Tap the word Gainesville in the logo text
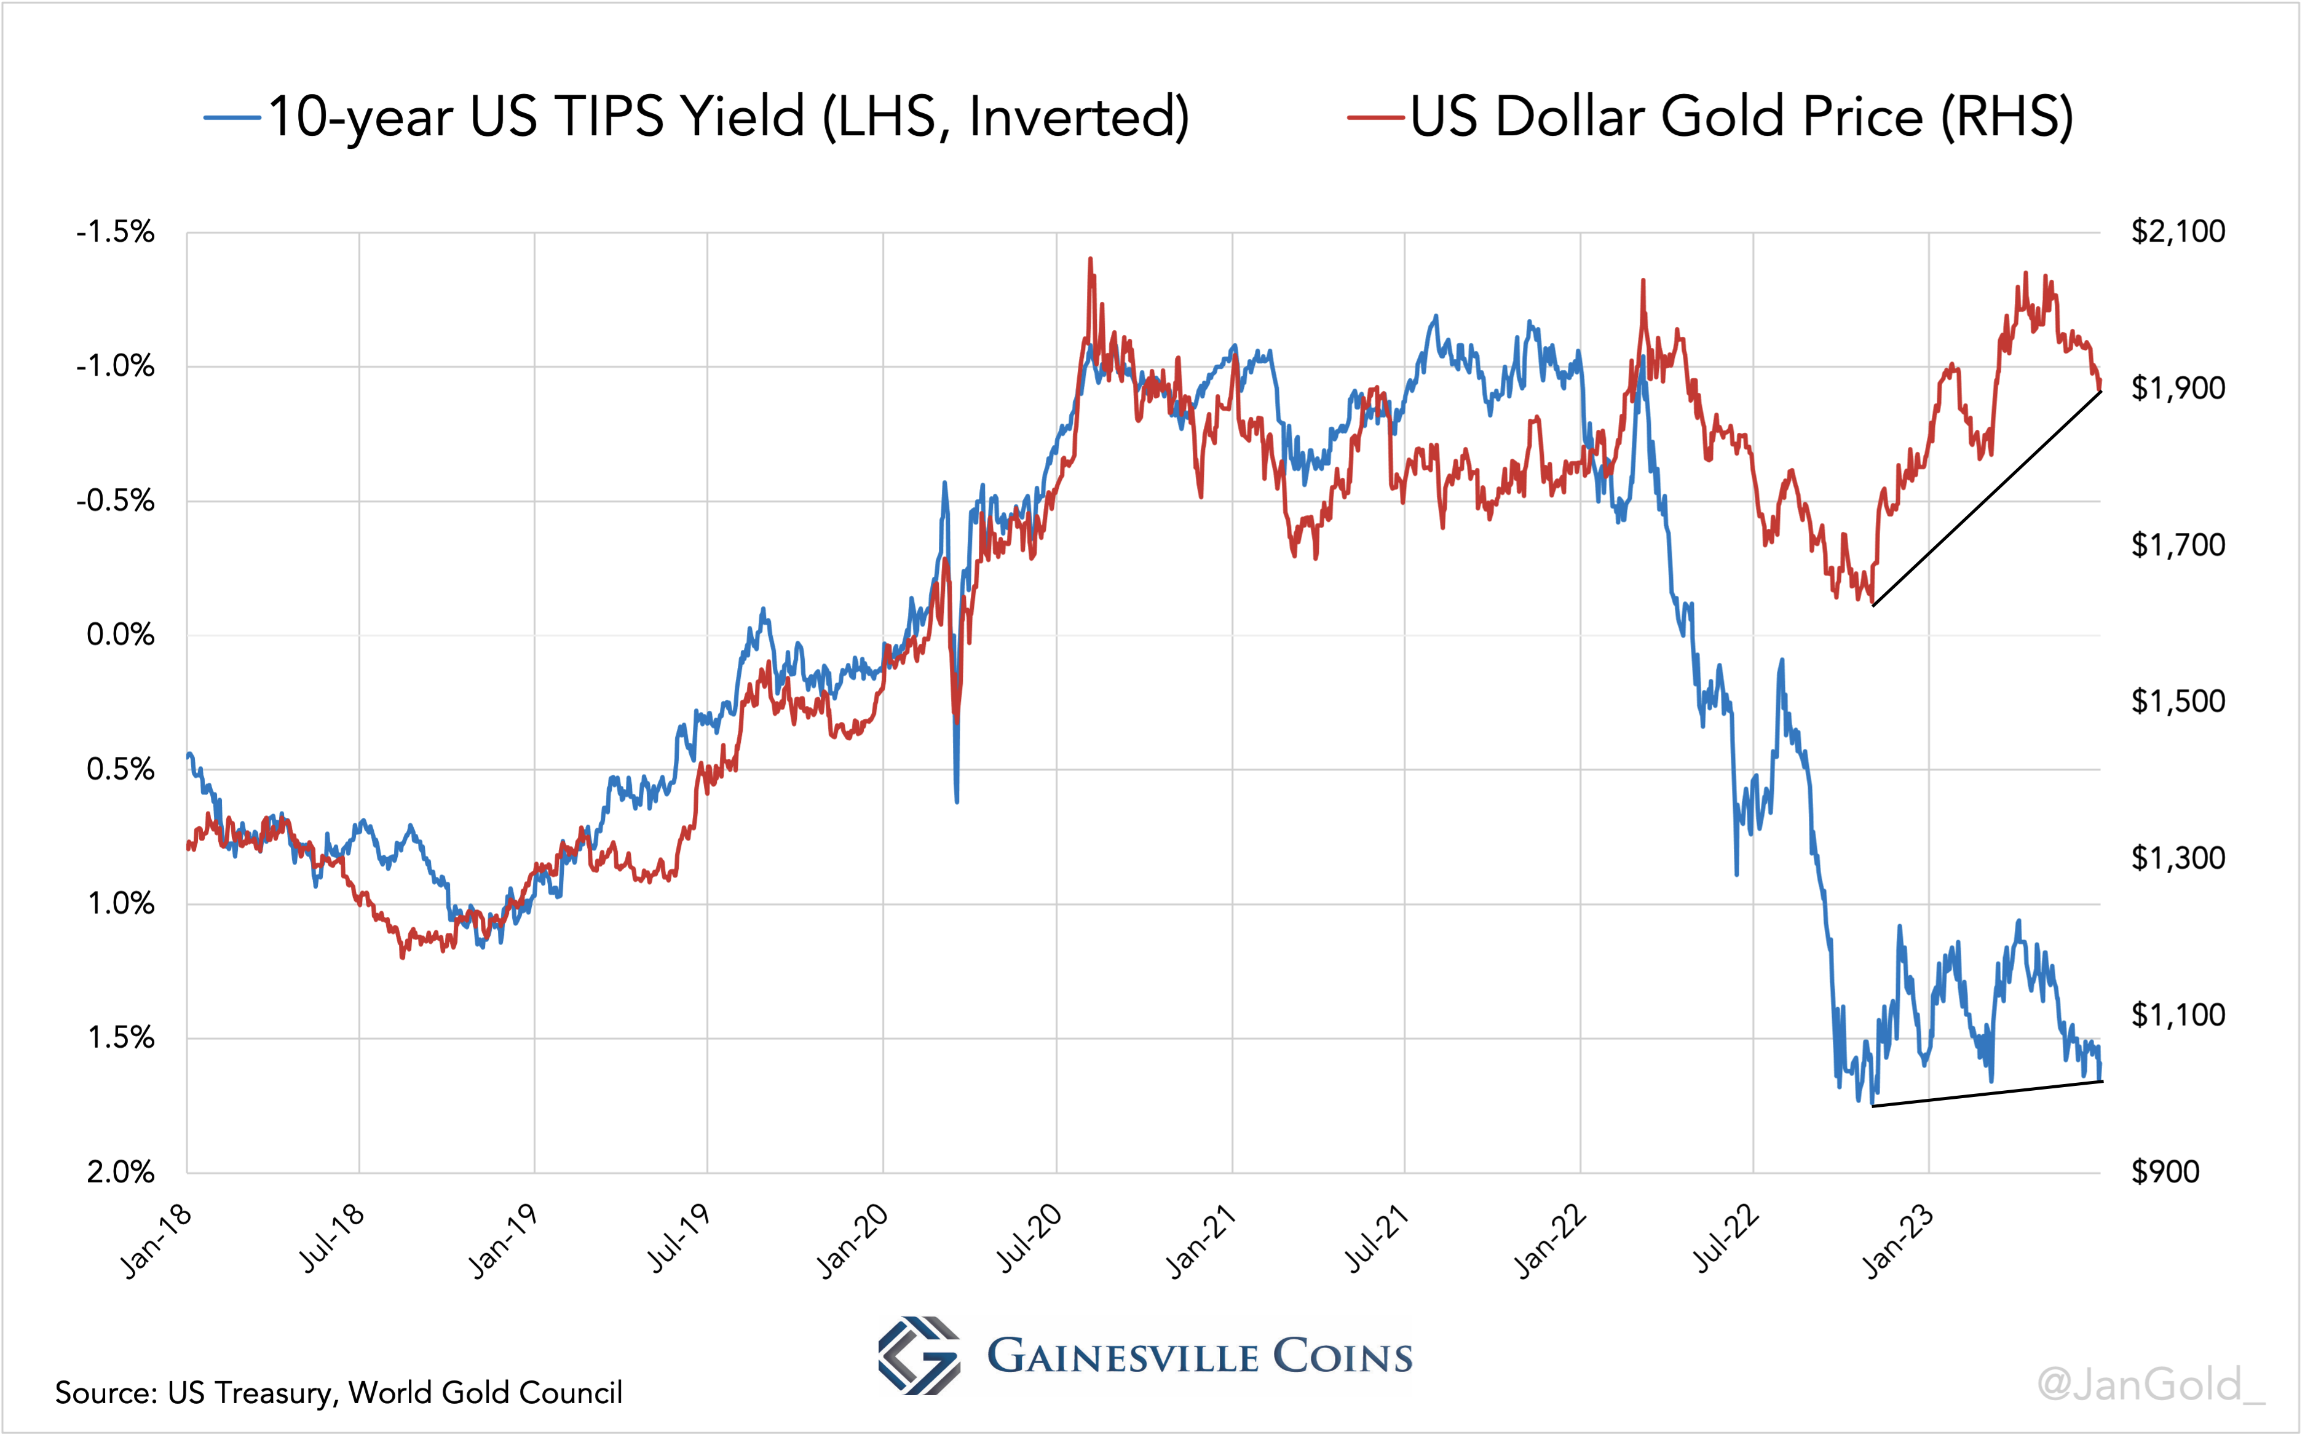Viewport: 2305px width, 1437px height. point(1121,1356)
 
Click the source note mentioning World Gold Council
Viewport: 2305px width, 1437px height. point(338,1392)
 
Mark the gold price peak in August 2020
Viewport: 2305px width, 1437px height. point(1090,258)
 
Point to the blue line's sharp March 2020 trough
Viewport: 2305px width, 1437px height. point(957,801)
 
